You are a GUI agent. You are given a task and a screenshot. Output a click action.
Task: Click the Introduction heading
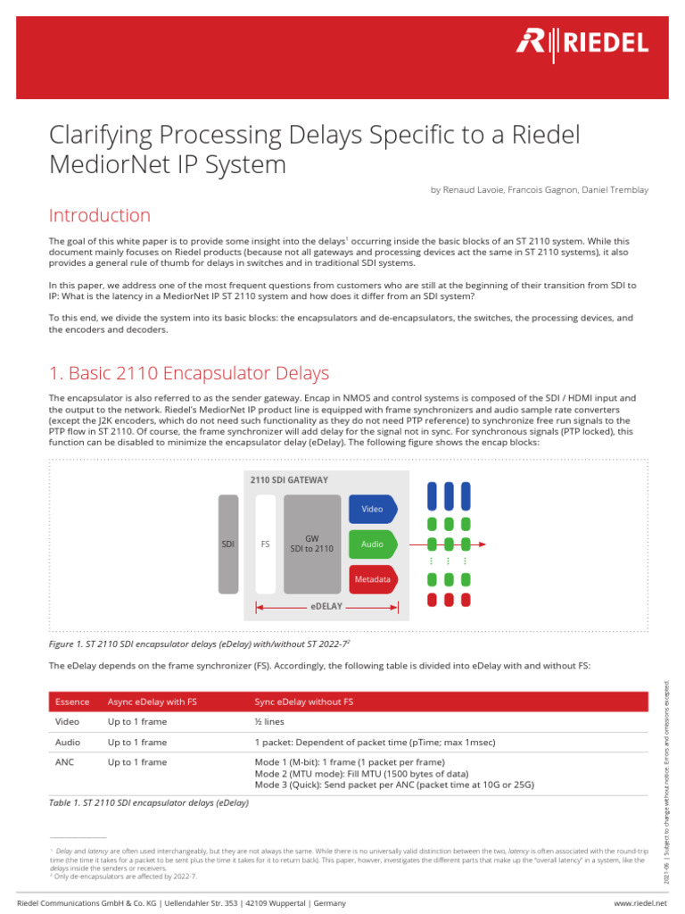(x=99, y=216)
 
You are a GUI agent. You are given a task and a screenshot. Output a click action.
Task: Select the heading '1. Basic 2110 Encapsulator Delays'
(x=189, y=373)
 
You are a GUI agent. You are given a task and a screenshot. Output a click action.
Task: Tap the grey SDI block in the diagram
(x=228, y=544)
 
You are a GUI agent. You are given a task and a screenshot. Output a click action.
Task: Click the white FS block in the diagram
(x=265, y=544)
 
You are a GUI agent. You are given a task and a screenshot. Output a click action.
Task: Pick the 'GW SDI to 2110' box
(x=312, y=544)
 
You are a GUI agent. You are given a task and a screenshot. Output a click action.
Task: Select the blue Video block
(x=373, y=509)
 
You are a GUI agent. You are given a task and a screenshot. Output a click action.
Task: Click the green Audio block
(x=373, y=544)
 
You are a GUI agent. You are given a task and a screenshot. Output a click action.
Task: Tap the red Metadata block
(x=373, y=579)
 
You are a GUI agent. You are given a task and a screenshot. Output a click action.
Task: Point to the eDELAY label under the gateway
(x=326, y=607)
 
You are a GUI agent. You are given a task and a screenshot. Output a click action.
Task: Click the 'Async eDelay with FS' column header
(x=152, y=702)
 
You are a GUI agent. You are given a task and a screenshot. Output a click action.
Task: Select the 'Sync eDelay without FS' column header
(x=304, y=702)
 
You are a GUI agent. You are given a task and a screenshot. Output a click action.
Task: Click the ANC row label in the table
(x=67, y=762)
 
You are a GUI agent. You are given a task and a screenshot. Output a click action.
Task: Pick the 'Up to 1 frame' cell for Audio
(x=137, y=742)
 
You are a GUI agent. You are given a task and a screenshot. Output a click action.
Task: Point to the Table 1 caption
(x=149, y=802)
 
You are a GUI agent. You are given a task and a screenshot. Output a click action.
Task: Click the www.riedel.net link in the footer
(x=640, y=903)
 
